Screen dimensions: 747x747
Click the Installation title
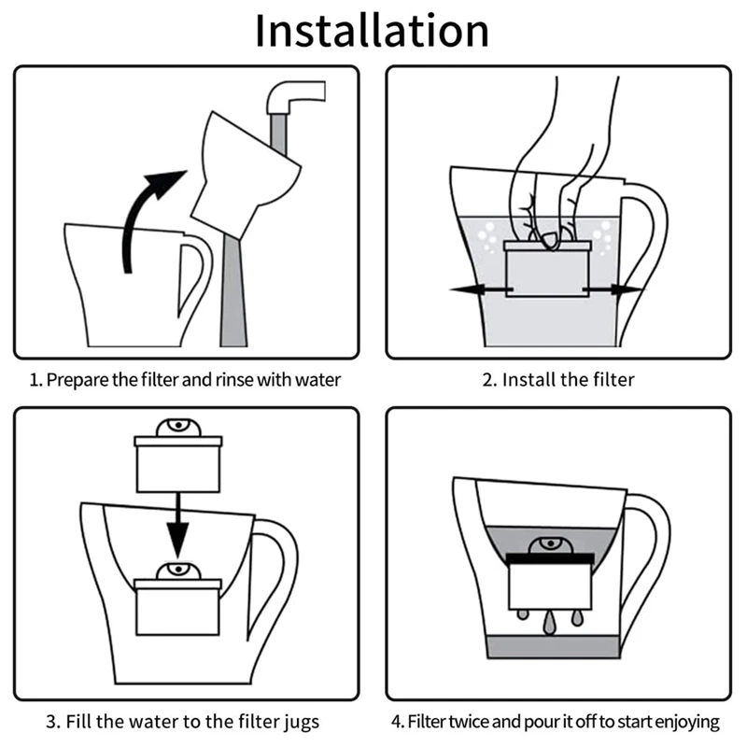[373, 31]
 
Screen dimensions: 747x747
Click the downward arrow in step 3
[176, 532]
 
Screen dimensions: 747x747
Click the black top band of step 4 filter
[550, 557]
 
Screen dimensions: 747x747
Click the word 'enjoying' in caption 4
[689, 722]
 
